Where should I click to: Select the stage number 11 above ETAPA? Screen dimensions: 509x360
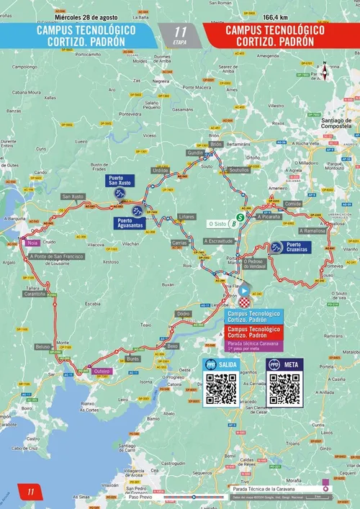(x=180, y=32)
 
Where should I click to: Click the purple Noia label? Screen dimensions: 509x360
(x=32, y=243)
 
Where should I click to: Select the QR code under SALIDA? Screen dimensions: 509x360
(x=221, y=389)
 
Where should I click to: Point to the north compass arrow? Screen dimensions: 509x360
(x=325, y=71)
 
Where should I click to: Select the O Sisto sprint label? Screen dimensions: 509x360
(x=216, y=223)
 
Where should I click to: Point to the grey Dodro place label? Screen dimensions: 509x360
(x=184, y=314)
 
